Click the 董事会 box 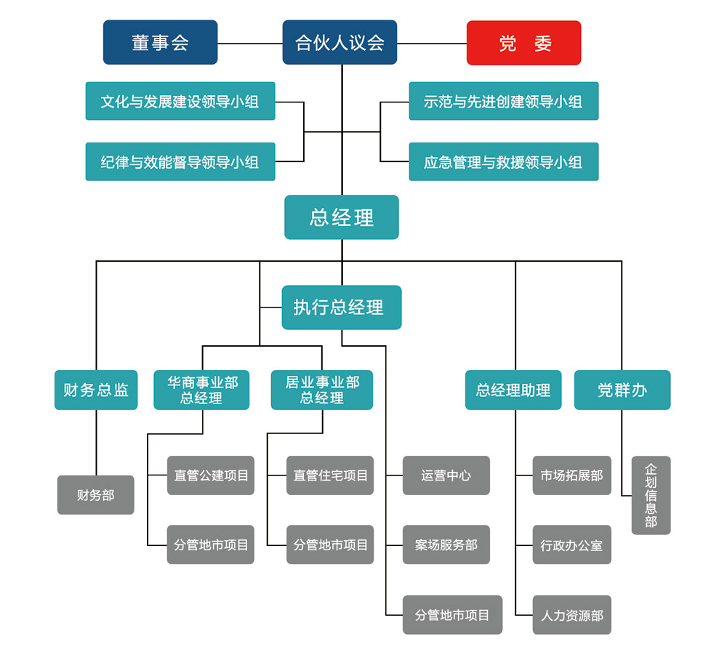(x=160, y=42)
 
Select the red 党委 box (x=523, y=42)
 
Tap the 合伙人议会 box (x=340, y=42)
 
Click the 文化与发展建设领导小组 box (x=180, y=101)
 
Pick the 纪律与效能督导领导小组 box (x=180, y=161)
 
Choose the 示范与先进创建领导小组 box (x=503, y=101)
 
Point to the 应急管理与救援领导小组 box (x=503, y=161)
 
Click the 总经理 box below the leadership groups (x=342, y=217)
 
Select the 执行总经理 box (x=342, y=307)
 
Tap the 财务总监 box (x=96, y=390)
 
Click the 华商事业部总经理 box (x=201, y=390)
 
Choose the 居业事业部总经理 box (x=321, y=390)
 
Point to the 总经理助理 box (x=513, y=390)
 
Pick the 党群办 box (x=622, y=390)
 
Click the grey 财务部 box (x=96, y=495)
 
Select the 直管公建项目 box (x=211, y=475)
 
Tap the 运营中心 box (x=446, y=475)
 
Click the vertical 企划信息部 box (x=651, y=495)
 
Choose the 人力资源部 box (x=571, y=615)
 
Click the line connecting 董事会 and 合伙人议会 (x=250, y=43)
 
